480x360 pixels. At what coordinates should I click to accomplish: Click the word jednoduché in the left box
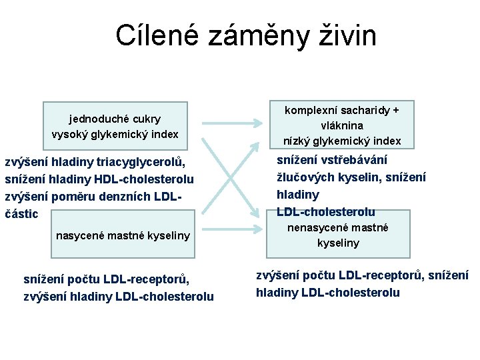(x=93, y=119)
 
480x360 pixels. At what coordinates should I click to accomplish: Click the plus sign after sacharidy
(x=395, y=110)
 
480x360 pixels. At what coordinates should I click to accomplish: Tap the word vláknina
(x=342, y=125)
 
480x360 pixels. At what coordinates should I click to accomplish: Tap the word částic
(x=21, y=214)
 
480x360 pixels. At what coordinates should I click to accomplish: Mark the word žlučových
(x=305, y=177)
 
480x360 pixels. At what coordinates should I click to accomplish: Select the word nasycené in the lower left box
(x=78, y=235)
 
